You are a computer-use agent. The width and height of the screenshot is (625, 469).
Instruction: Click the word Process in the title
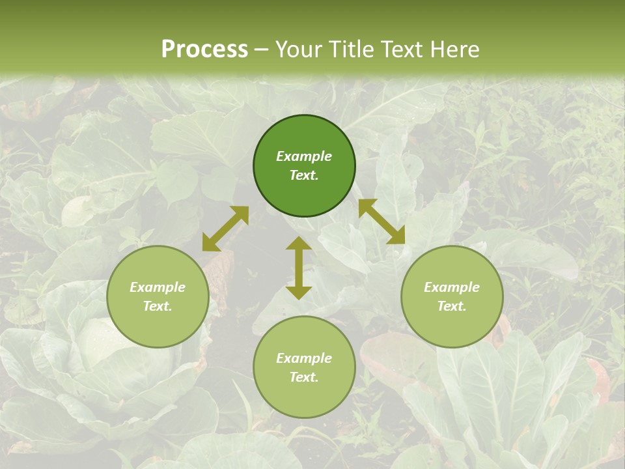tap(204, 49)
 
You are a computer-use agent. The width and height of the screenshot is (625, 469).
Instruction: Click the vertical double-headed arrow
tap(299, 268)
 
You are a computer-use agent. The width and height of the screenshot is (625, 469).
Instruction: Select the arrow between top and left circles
tap(225, 229)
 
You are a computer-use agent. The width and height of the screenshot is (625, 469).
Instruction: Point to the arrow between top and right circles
tap(382, 221)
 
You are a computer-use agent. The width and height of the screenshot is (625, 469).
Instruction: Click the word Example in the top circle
tap(304, 156)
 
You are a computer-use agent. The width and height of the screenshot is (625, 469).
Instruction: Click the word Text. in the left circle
tap(158, 306)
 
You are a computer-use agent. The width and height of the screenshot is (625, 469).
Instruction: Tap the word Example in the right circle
tap(452, 287)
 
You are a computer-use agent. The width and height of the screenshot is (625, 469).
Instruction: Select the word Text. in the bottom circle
tap(304, 377)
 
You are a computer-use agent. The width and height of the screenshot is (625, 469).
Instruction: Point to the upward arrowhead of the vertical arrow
tap(299, 244)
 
